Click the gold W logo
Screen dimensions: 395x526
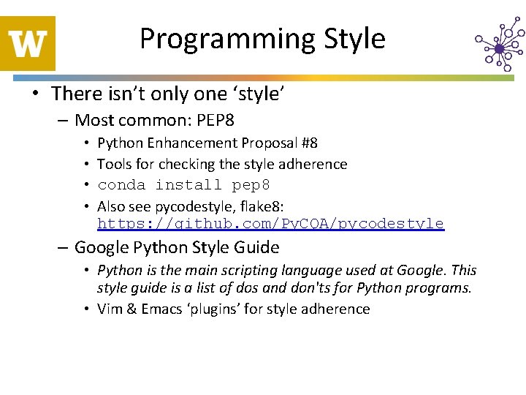click(28, 43)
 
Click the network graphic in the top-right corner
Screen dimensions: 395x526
click(499, 46)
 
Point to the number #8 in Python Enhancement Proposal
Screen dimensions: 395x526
click(308, 143)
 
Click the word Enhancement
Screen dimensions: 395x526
click(185, 143)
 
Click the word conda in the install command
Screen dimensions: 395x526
click(122, 185)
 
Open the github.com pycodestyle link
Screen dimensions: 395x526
click(270, 224)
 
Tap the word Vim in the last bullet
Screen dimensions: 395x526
click(111, 309)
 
